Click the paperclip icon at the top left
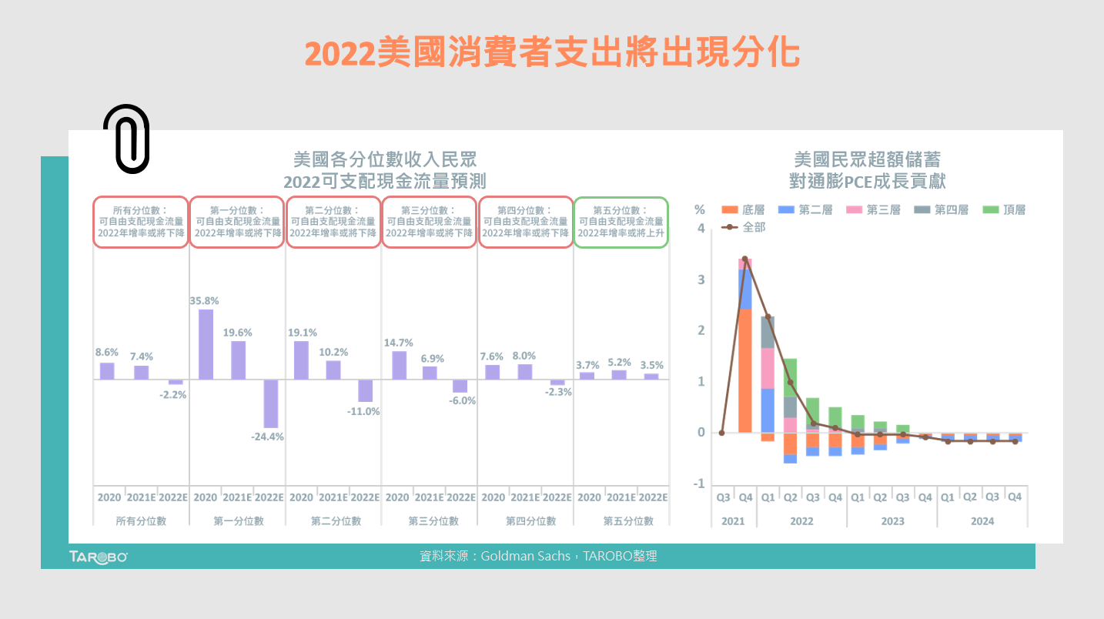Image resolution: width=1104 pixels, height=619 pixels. point(126,139)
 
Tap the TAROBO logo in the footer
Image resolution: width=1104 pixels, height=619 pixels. point(98,557)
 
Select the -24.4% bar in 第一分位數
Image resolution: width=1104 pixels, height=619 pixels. point(270,403)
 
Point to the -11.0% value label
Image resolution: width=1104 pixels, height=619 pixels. point(364,411)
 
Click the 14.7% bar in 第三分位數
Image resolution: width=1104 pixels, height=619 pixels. point(399,365)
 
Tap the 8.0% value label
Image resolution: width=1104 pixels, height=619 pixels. point(524,356)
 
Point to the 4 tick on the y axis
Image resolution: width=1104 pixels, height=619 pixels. point(701,228)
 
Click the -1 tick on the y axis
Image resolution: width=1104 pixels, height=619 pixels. point(698,483)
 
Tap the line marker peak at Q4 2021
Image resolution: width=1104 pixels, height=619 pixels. point(744,259)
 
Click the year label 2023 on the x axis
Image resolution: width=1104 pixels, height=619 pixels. point(892,521)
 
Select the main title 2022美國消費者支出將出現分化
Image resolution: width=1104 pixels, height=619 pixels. point(552,54)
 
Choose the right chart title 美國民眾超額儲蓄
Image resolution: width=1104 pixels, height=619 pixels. point(867,159)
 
